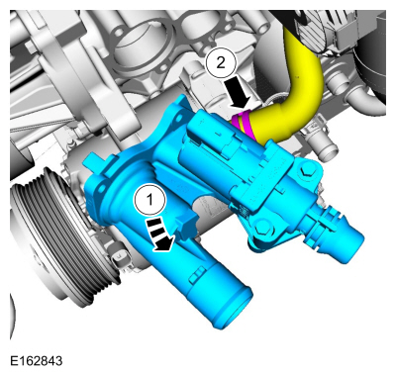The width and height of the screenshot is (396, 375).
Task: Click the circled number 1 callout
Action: pos(149,200)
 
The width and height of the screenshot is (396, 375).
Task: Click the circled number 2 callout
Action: pos(221,63)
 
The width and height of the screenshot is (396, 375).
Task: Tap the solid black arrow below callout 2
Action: pos(240,93)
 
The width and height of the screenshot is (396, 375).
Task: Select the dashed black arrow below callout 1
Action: pos(159,234)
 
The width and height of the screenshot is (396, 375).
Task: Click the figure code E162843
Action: pos(36,360)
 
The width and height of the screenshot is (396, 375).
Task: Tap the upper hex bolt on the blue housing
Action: pos(305,171)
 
